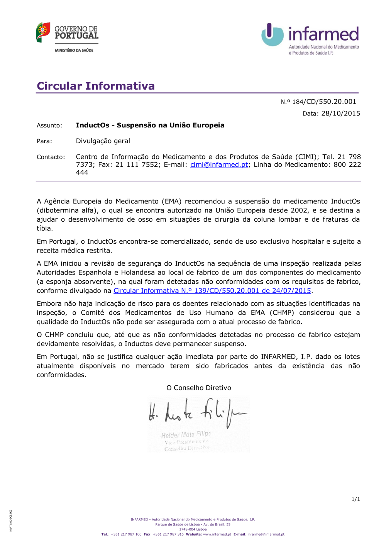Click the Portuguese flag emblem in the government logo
point(43,32)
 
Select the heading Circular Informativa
point(96,86)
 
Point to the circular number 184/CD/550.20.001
point(324,102)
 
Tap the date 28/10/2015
point(340,114)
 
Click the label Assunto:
point(49,125)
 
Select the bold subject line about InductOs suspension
point(150,125)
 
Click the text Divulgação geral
point(103,141)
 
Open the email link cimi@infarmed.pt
point(219,165)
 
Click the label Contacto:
point(51,157)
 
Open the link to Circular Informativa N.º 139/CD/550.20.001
point(212,291)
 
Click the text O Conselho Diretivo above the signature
point(198,388)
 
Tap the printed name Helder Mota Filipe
point(186,435)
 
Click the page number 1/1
point(356,499)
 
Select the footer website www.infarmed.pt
point(217,534)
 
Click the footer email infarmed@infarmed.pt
point(266,534)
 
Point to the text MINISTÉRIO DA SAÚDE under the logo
point(74,50)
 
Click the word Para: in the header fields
point(44,141)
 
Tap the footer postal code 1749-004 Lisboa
point(193,529)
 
